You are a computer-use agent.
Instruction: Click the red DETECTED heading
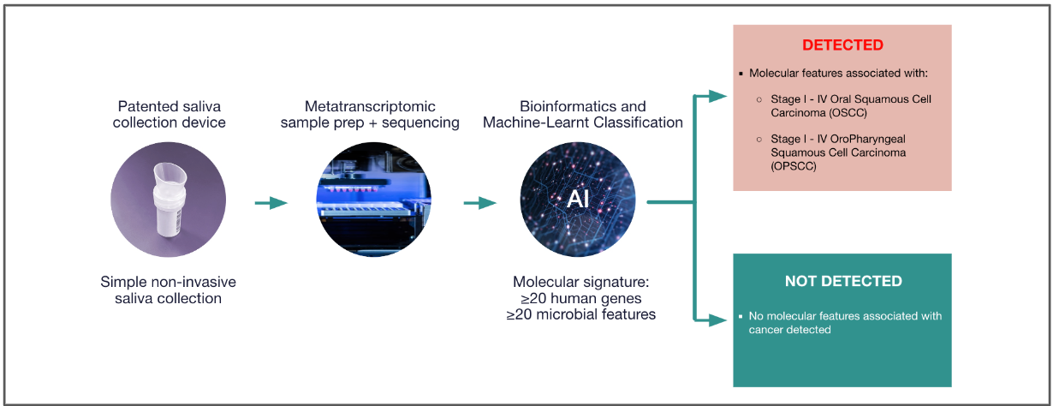click(x=842, y=45)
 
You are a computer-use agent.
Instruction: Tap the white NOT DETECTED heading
click(x=843, y=281)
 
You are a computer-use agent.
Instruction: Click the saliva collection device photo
click(x=169, y=200)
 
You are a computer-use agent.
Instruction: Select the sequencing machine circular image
click(x=374, y=200)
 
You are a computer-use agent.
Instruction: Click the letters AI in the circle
click(x=578, y=199)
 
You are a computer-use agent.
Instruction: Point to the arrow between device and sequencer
click(x=271, y=203)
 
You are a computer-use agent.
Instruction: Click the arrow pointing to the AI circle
click(x=480, y=203)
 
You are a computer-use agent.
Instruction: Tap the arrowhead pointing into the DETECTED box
click(x=717, y=97)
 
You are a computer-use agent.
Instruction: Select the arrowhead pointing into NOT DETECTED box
click(x=717, y=320)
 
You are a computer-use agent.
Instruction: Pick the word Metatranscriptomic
click(x=370, y=106)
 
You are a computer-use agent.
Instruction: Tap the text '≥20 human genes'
click(x=581, y=298)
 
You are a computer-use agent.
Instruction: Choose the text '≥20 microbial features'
click(x=581, y=314)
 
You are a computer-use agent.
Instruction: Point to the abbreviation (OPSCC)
click(x=794, y=166)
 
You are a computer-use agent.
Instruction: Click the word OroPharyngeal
click(x=868, y=140)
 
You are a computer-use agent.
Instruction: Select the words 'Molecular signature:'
click(x=581, y=282)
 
